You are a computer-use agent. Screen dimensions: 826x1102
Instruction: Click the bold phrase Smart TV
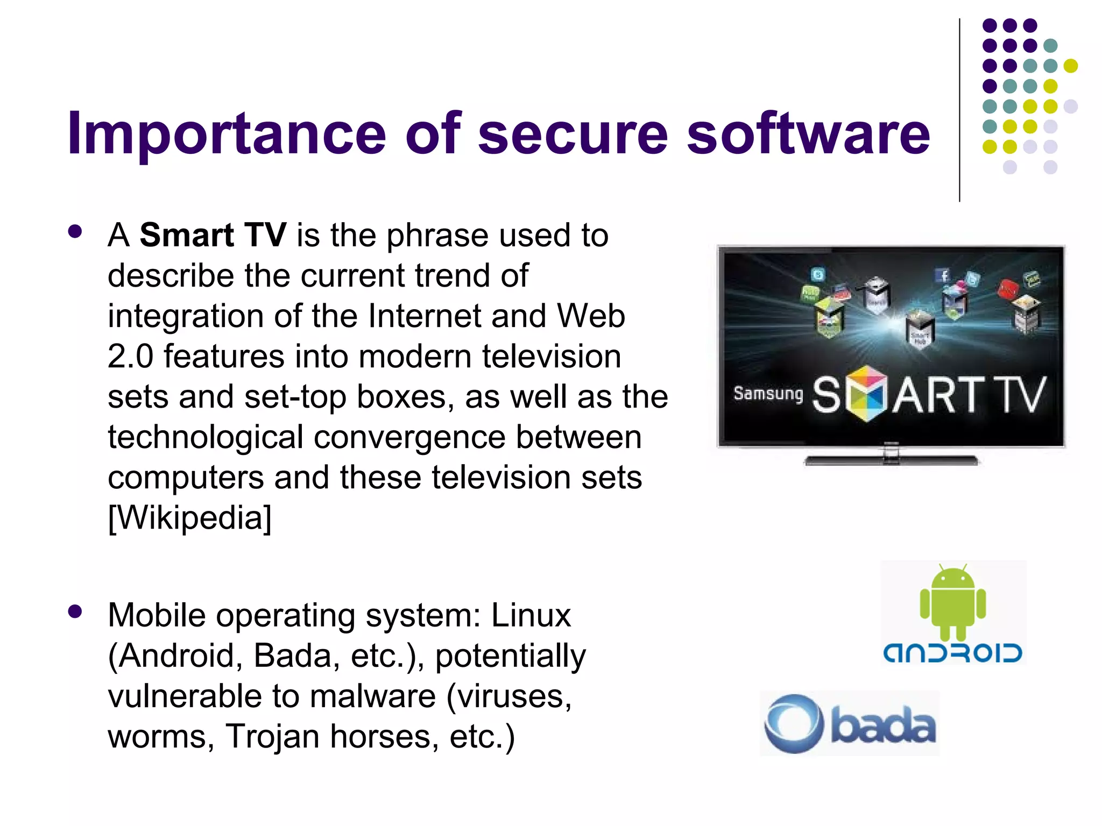click(213, 235)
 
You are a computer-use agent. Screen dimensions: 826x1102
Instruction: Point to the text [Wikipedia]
click(189, 517)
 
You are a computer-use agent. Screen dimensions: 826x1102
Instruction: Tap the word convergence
click(409, 437)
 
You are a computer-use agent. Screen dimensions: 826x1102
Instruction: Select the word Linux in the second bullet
click(531, 615)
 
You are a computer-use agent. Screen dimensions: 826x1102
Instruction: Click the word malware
click(372, 696)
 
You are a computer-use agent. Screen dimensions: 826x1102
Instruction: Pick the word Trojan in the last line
click(272, 736)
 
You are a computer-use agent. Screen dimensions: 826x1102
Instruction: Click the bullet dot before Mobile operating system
click(75, 611)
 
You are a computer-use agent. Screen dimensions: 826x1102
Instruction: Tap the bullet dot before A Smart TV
click(75, 232)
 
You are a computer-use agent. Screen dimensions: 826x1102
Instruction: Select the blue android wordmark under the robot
click(952, 653)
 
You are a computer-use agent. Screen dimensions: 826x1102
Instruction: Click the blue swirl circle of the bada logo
click(794, 724)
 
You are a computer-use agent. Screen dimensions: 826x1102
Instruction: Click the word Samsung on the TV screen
click(768, 394)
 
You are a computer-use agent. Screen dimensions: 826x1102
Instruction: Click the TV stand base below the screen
click(891, 460)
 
